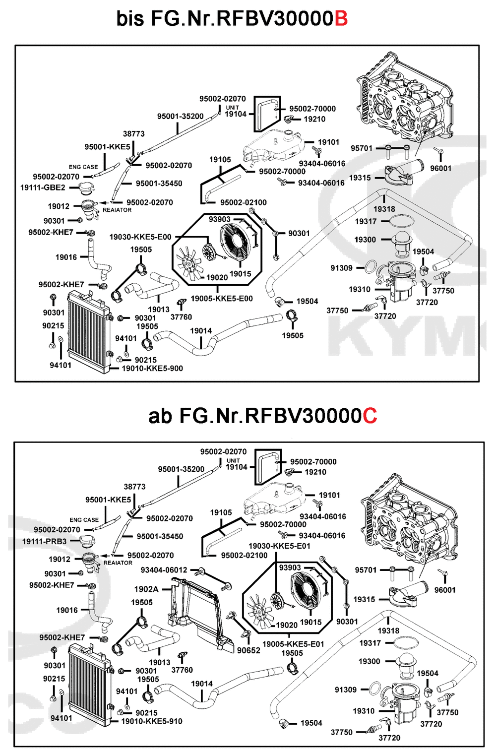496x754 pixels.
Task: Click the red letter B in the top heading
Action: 341,19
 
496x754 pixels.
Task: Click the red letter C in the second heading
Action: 370,416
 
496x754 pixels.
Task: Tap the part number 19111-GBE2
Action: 43,188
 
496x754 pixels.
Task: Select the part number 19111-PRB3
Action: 44,541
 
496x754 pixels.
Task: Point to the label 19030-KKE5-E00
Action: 140,237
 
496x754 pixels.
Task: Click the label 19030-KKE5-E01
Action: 279,546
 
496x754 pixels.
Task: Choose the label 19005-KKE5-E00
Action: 222,299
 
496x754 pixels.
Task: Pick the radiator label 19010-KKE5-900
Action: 152,369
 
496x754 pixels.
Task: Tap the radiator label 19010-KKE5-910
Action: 152,721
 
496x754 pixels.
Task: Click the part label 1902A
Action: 146,589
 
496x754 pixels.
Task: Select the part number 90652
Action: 248,650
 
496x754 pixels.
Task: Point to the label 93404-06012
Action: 164,570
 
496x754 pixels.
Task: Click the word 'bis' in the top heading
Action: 130,19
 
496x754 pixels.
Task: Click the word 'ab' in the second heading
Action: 160,416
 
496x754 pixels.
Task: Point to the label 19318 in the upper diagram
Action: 384,209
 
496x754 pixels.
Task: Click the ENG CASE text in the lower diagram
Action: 84,520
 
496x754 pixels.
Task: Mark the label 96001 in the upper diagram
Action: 440,169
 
